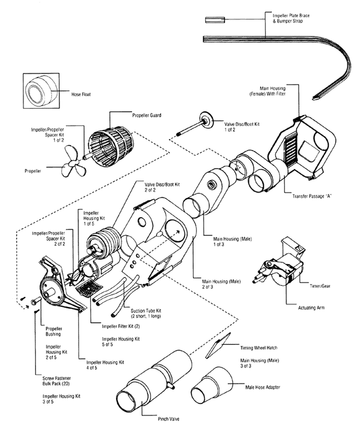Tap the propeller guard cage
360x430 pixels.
111,146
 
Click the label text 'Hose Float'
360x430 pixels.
81,94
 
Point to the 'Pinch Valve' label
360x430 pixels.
169,419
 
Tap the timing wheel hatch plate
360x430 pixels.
218,345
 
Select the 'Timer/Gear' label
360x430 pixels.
320,286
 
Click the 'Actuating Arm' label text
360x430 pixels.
311,308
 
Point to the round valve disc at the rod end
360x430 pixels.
206,120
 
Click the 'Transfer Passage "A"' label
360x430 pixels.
312,197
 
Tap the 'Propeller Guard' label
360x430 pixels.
146,116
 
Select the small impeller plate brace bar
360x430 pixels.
215,20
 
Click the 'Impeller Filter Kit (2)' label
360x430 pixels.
121,326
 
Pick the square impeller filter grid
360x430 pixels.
89,289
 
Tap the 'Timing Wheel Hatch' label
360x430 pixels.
259,348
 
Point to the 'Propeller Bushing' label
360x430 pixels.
54,331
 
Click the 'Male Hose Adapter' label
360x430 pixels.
263,387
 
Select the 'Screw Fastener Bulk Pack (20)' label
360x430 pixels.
56,381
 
